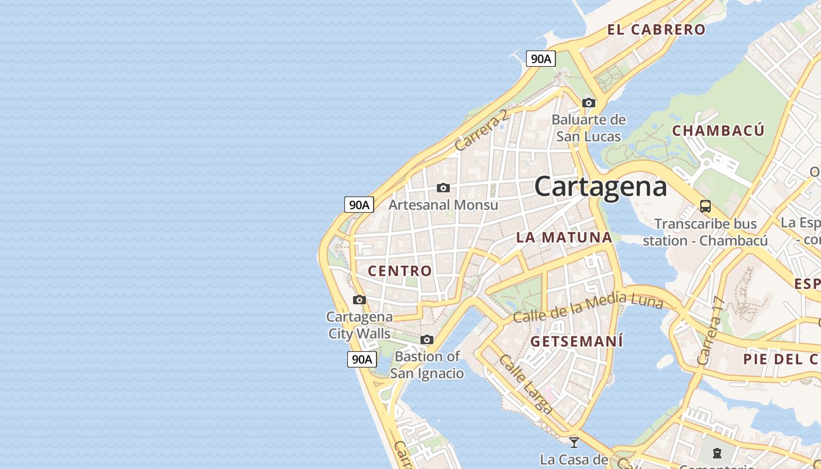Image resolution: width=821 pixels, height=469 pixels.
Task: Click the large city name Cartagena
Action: [601, 186]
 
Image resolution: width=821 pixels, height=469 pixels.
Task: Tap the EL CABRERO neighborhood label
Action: [656, 29]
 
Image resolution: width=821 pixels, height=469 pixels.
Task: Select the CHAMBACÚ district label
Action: [718, 130]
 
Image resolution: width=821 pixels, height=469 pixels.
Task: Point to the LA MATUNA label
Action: [564, 237]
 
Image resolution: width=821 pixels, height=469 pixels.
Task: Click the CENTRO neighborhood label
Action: [400, 271]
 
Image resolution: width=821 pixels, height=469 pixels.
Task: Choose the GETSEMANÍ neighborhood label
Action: [576, 341]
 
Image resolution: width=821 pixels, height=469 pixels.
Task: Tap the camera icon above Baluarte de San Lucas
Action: [589, 103]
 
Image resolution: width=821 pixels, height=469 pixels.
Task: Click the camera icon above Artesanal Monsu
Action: [443, 188]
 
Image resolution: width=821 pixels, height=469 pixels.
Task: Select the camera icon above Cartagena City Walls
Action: [359, 300]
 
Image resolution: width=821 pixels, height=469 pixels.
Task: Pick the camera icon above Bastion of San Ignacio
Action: [427, 340]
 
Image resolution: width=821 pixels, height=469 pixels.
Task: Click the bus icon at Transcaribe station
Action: [705, 206]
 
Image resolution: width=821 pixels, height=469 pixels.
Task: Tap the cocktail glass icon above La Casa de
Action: [574, 442]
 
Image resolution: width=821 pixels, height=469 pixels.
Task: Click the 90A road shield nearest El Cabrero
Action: [541, 59]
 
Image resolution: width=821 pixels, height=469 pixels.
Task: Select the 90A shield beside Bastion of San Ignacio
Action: [361, 359]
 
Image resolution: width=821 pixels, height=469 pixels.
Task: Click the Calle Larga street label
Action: [525, 384]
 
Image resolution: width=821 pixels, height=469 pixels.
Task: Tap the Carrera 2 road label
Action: [481, 130]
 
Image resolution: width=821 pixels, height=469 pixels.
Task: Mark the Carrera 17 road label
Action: [711, 332]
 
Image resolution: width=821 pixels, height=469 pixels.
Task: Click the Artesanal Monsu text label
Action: [443, 205]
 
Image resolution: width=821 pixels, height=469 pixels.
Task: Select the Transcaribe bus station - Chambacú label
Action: [705, 232]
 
